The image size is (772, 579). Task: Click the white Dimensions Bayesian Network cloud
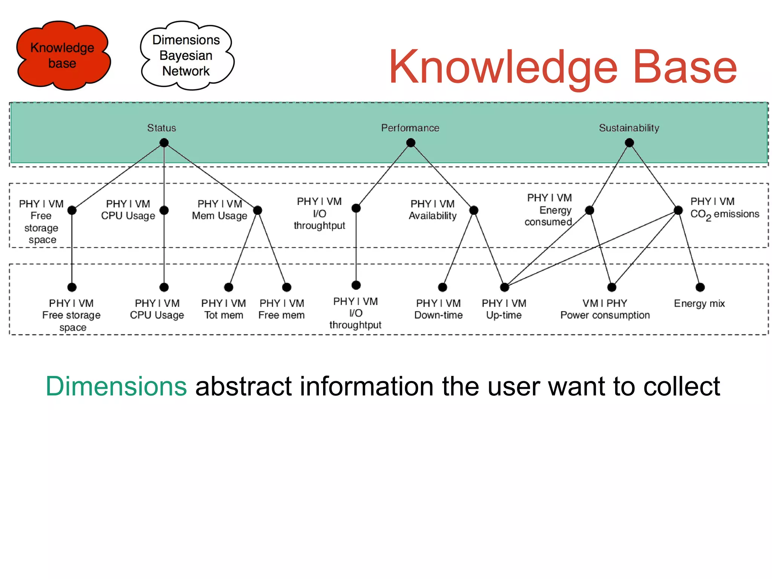186,55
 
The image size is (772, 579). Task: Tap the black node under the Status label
164,143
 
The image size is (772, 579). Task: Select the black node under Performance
411,143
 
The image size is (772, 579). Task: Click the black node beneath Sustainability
629,143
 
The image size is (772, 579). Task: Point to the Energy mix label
699,304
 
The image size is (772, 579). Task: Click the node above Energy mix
700,287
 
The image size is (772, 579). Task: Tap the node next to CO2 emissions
678,210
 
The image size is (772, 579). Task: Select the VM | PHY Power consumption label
605,309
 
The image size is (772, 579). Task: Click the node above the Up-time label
504,287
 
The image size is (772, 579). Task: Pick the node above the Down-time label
443,287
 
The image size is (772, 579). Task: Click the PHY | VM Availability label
432,210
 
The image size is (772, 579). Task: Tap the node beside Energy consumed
590,210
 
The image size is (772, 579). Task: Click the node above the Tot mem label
228,287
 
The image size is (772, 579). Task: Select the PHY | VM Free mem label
282,309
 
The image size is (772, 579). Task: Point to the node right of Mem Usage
257,210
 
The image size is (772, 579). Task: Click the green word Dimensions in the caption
116,386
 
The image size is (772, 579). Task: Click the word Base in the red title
685,67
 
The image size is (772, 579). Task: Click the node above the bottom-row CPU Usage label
164,287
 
